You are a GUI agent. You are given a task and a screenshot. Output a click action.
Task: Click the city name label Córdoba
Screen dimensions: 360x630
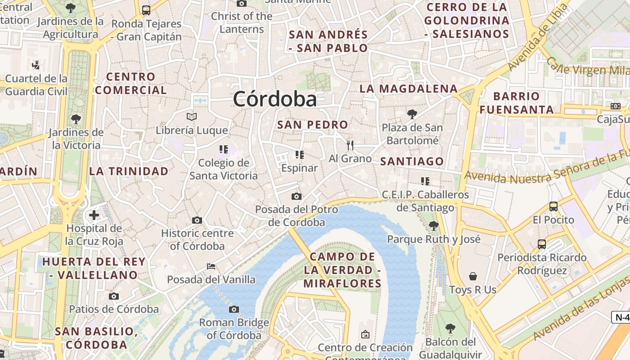click(274, 99)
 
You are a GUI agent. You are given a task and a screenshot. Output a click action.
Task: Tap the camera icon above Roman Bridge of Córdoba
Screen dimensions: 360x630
click(234, 309)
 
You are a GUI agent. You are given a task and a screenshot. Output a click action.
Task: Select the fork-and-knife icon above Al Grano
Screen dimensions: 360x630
click(350, 145)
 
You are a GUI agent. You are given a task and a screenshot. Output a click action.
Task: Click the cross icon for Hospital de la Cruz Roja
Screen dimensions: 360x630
click(94, 215)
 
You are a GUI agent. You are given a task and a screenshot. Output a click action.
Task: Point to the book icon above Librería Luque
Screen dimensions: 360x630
click(192, 117)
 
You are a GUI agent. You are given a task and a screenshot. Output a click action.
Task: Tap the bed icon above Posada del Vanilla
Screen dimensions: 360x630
click(211, 266)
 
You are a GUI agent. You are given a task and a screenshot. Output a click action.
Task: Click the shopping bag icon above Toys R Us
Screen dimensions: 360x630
click(473, 276)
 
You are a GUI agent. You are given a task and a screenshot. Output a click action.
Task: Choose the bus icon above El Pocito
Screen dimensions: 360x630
click(553, 207)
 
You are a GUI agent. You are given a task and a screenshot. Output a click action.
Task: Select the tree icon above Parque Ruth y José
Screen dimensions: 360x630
click(434, 225)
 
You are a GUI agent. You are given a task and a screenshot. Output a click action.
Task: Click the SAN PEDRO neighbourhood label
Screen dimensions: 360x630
click(312, 125)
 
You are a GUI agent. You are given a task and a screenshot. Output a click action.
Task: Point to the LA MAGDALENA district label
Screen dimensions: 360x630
click(408, 89)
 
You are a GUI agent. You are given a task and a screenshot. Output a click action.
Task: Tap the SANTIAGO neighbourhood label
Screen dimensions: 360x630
click(412, 161)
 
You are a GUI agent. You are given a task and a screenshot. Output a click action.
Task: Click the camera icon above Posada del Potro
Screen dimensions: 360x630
click(296, 196)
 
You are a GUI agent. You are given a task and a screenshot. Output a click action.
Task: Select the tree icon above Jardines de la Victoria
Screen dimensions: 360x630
click(76, 119)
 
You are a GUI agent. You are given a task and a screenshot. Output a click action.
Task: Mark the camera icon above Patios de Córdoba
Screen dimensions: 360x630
click(114, 296)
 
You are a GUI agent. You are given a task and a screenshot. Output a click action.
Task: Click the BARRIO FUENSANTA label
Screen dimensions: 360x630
click(516, 103)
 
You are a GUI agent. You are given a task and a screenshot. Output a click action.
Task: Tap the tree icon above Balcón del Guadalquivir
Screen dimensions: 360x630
click(450, 328)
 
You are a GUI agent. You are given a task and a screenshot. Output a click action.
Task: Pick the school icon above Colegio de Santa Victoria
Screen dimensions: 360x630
click(224, 149)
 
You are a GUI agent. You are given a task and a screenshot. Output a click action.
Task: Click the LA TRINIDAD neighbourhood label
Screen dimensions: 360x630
click(129, 171)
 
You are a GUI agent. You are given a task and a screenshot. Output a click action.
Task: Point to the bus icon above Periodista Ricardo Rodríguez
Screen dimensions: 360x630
click(542, 244)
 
